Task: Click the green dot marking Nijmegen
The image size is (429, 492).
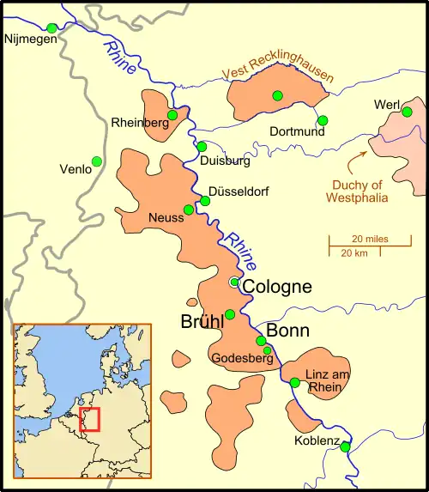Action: tap(51, 28)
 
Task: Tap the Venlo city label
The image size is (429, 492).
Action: tap(75, 170)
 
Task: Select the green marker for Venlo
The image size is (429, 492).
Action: tap(97, 161)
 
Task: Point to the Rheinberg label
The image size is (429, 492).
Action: tap(140, 124)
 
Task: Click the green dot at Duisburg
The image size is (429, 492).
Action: tap(202, 147)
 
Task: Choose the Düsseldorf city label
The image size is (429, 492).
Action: tap(239, 191)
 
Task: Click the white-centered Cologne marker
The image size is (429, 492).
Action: tap(233, 282)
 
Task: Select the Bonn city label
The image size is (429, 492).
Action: tap(287, 331)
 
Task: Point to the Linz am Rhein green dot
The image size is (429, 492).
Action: tap(294, 382)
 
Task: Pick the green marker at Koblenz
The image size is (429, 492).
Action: tap(344, 446)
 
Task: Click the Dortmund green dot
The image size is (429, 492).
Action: tap(323, 120)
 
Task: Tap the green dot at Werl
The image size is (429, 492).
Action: tap(411, 111)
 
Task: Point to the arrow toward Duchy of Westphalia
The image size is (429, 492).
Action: tap(356, 159)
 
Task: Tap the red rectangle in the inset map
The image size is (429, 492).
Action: tap(89, 419)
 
